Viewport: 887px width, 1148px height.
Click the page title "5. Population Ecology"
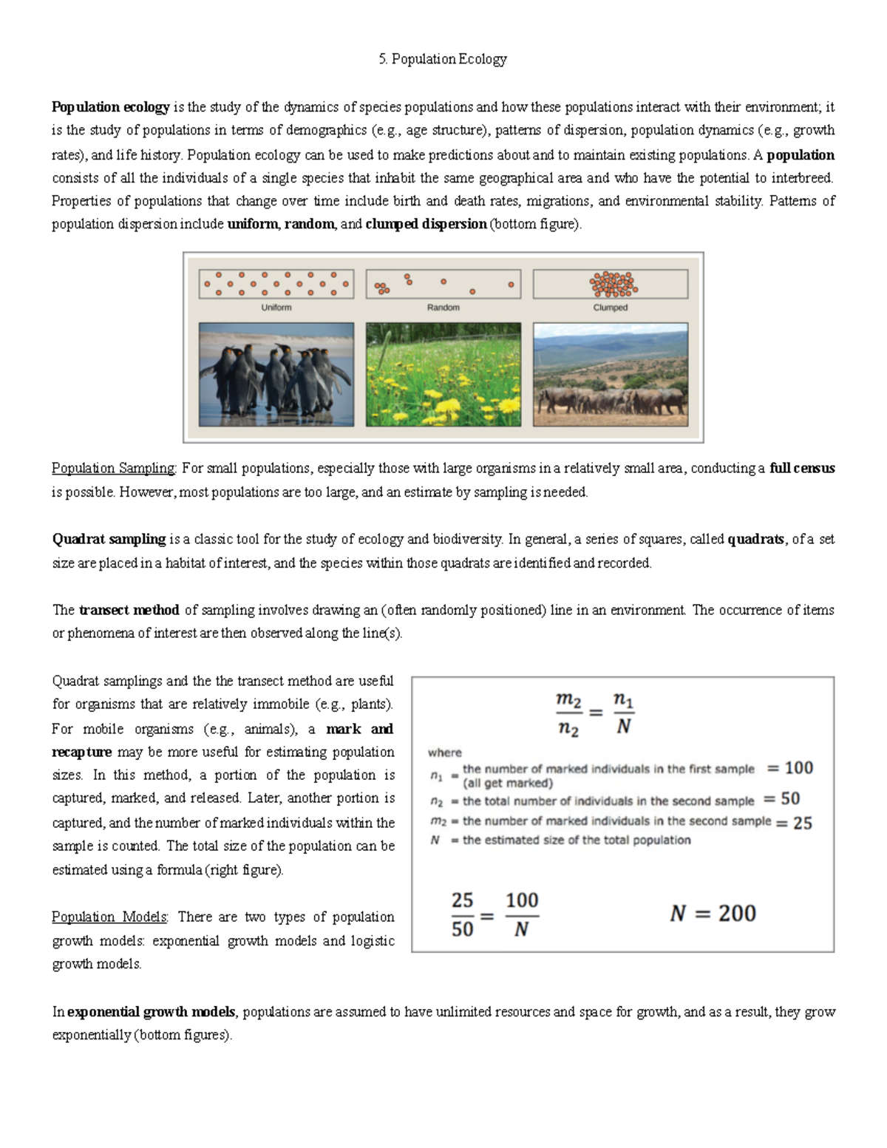click(442, 59)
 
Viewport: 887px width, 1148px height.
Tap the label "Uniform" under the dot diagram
click(276, 308)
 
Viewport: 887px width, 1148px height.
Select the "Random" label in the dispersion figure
click(443, 308)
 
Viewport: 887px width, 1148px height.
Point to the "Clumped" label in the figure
click(610, 308)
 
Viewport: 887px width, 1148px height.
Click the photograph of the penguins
click(276, 374)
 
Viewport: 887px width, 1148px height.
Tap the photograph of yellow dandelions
click(443, 374)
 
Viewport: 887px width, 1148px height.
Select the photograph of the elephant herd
click(610, 374)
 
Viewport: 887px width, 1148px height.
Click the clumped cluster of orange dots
click(613, 283)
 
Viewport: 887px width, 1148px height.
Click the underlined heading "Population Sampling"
click(114, 469)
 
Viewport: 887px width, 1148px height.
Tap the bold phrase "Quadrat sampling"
click(109, 540)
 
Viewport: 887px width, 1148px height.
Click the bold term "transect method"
click(129, 611)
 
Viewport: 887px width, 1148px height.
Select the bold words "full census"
click(802, 469)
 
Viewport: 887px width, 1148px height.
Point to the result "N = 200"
click(713, 914)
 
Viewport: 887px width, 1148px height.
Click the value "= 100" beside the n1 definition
click(790, 768)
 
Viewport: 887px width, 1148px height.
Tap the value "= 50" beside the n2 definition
click(781, 798)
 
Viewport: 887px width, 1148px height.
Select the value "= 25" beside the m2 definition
click(794, 823)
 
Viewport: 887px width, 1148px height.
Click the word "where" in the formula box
click(444, 753)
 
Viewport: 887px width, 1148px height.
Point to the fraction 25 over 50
click(463, 914)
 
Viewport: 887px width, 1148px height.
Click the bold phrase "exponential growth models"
click(151, 1012)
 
